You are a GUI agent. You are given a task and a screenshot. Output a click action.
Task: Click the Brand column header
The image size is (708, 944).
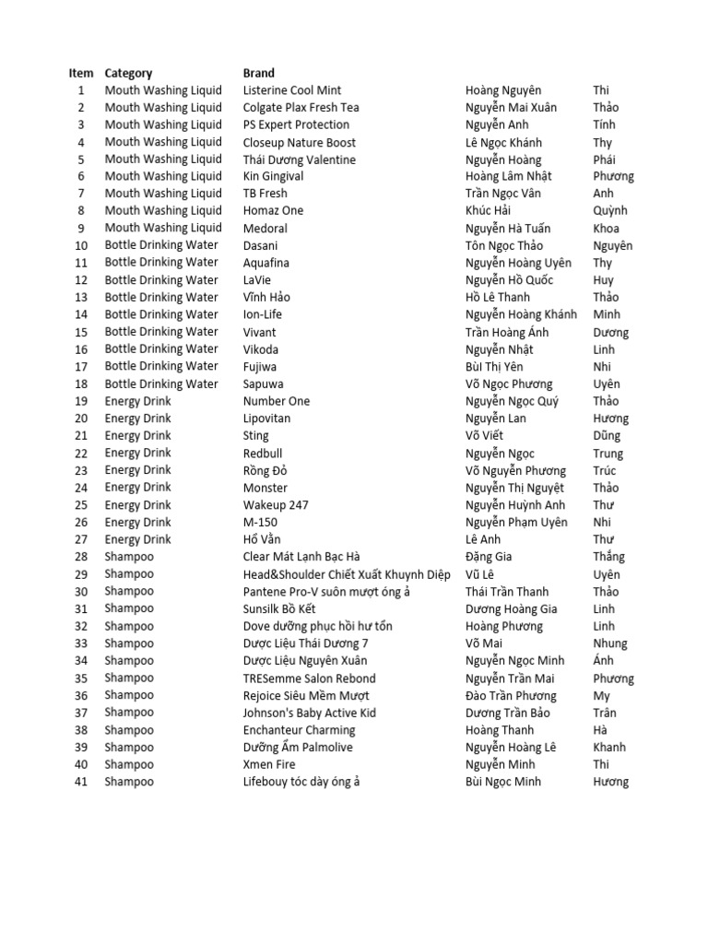coord(258,73)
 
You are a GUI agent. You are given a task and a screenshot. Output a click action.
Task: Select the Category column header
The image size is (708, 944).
coord(128,73)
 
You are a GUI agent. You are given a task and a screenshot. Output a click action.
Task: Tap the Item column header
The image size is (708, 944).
coord(81,73)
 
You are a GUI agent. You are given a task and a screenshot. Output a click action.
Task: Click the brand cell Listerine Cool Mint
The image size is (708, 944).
coord(291,90)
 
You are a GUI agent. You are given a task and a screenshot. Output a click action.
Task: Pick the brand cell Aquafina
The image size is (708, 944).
coord(267,263)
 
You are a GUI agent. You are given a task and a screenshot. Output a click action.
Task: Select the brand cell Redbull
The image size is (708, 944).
coord(263,453)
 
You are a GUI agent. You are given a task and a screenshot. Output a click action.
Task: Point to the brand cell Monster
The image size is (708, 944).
coord(265,488)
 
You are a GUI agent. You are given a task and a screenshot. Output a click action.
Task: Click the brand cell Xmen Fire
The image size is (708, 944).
coord(270,764)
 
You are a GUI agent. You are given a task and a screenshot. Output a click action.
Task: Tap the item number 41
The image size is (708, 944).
coord(81,782)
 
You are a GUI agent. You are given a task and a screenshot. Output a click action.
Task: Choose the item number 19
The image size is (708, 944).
coord(81,401)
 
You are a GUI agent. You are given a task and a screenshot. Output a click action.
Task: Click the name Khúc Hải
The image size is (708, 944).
coord(489,211)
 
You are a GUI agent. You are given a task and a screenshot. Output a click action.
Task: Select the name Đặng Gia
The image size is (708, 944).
coord(489,557)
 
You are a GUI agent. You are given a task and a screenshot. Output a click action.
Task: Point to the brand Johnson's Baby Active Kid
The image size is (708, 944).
coord(309,713)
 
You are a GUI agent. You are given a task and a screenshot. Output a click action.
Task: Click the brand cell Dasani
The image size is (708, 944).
coord(260,245)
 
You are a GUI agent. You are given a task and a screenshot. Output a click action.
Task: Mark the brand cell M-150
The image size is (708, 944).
coord(260,522)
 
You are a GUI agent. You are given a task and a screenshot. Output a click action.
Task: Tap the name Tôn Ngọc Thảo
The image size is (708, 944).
coord(504,245)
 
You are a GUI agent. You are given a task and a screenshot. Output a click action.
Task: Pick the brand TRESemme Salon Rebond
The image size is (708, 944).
coord(309,678)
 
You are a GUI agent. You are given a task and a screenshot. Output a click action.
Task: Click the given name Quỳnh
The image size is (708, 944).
coord(609,211)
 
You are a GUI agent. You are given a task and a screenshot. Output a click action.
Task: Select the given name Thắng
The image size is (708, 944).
coord(608,557)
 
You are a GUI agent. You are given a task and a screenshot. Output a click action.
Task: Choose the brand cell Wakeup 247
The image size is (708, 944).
coord(276,505)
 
